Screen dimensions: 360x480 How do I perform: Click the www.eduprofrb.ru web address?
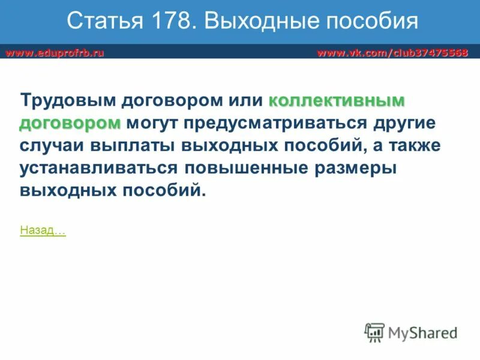pyautogui.click(x=55, y=53)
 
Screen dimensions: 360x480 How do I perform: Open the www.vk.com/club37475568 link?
pyautogui.click(x=392, y=53)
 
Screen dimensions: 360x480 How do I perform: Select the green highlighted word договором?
pyautogui.click(x=70, y=123)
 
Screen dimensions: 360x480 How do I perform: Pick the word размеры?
pyautogui.click(x=357, y=169)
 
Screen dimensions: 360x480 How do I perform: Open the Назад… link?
pyautogui.click(x=43, y=230)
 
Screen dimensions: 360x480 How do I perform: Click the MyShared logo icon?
pyautogui.click(x=375, y=332)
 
